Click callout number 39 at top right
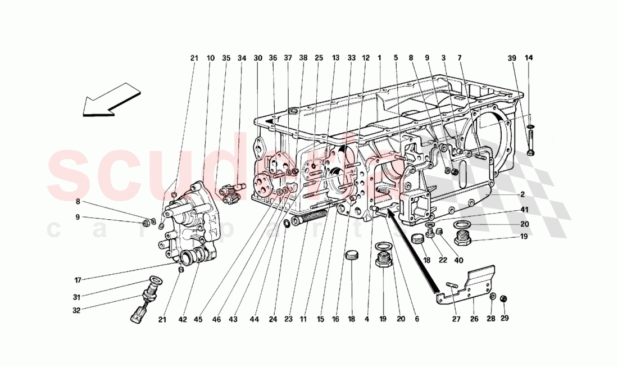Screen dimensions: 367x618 pos(511,58)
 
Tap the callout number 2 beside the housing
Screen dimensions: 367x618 pos(522,194)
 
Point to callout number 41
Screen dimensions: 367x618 pos(525,210)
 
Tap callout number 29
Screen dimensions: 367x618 pos(504,320)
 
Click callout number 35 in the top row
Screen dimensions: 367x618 pos(226,58)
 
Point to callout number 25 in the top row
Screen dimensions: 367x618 pos(319,58)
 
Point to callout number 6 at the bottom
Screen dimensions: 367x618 pos(416,320)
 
